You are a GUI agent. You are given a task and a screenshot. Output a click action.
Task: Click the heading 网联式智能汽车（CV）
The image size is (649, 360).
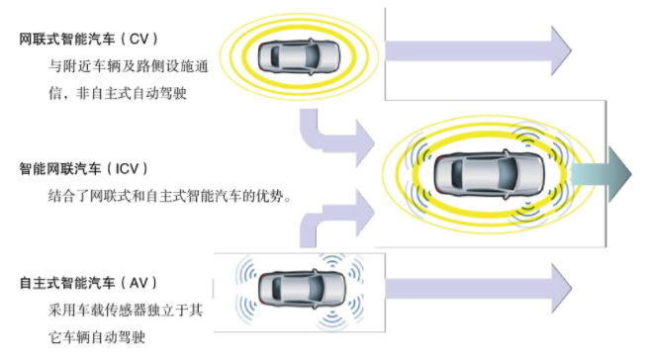[x=89, y=39]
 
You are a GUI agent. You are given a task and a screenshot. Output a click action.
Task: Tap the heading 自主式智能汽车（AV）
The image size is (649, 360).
[x=88, y=284]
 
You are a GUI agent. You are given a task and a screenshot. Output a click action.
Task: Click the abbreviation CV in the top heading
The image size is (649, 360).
[x=140, y=39]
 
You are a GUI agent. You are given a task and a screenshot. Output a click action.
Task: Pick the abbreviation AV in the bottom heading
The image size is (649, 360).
[x=139, y=284]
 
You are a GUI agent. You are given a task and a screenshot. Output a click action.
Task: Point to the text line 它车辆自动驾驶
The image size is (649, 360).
[x=96, y=337]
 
